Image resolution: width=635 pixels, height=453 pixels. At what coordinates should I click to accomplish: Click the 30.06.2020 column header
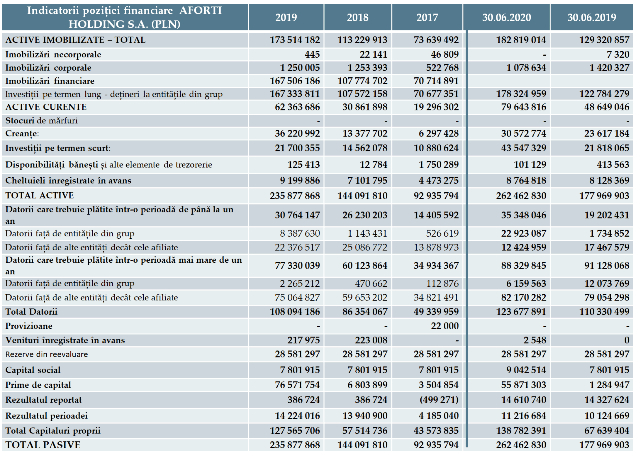pos(506,18)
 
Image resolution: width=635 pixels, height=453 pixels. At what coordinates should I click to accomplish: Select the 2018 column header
pos(358,18)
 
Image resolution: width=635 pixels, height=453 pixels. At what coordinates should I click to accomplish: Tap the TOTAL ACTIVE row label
pos(40,195)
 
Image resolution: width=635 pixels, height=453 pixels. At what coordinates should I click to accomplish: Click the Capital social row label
pos(33,370)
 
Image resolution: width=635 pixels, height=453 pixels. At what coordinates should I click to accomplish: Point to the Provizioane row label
pos(29,326)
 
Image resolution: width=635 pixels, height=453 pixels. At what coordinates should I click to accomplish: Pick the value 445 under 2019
pos(312,54)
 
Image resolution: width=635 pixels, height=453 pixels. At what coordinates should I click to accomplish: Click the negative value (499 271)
pos(439,400)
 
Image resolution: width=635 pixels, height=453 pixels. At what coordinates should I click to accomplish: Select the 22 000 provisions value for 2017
pos(445,326)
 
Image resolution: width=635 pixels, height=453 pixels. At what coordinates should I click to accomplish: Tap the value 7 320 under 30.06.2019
pos(618,54)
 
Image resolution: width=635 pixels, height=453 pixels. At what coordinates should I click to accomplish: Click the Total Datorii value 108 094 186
pos(295,312)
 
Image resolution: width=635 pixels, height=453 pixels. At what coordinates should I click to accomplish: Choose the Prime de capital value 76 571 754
pos(297,385)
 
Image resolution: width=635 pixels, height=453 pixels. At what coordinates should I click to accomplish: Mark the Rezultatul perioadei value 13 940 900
pos(365,416)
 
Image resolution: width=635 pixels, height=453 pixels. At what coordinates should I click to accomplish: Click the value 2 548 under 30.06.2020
pos(535,340)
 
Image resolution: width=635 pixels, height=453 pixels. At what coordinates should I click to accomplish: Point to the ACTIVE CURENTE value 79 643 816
pos(524,107)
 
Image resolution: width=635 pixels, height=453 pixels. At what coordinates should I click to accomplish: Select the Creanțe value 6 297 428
pos(439,133)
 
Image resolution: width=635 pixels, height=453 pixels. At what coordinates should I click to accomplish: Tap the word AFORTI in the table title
pos(201,10)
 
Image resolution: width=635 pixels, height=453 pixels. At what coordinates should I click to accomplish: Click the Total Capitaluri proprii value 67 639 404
pos(607,431)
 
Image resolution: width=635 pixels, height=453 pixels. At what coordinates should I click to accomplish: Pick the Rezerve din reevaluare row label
pos(47,354)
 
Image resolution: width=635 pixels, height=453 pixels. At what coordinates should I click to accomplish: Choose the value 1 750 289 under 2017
pos(439,165)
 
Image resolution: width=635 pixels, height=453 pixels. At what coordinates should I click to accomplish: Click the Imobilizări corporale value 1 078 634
pos(526,68)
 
